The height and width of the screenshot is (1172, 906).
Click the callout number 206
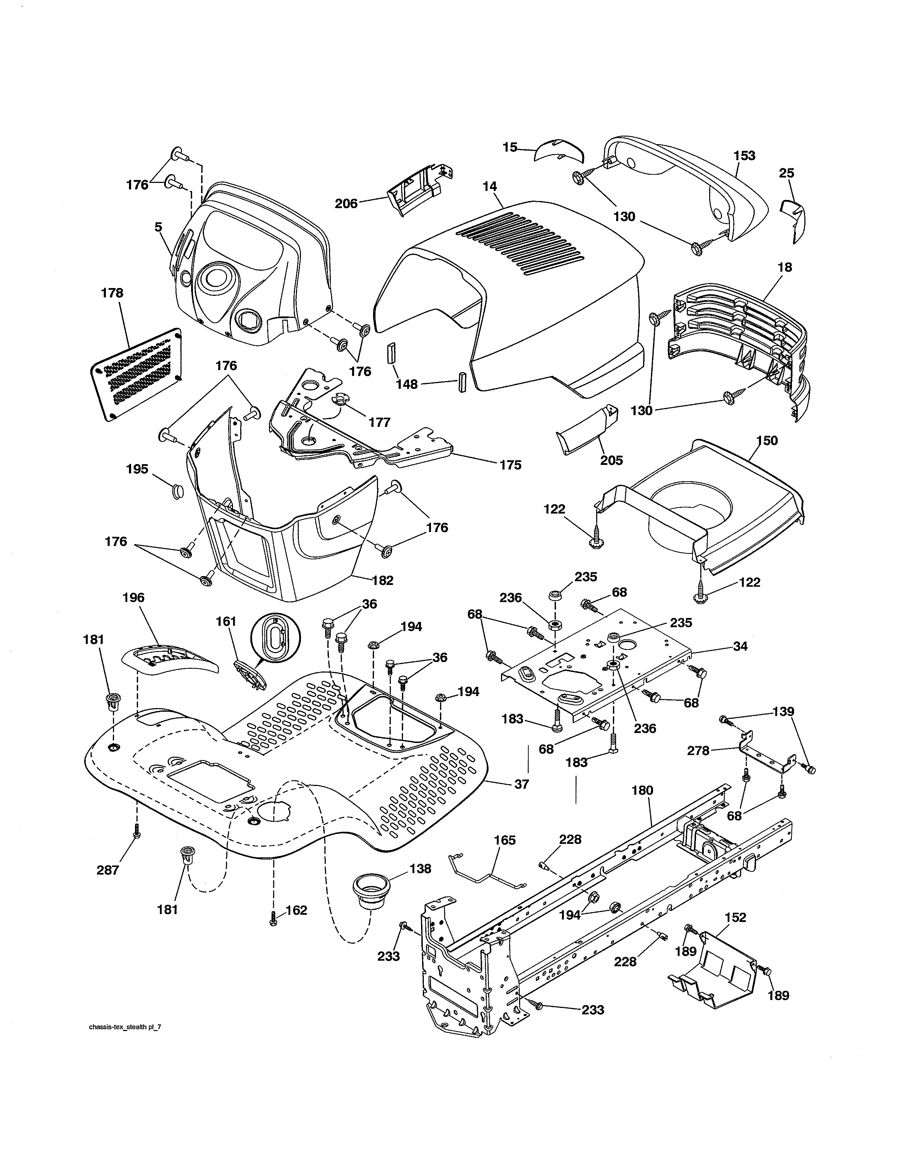(x=346, y=204)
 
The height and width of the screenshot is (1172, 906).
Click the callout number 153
(x=744, y=156)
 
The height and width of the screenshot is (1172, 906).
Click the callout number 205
(x=611, y=460)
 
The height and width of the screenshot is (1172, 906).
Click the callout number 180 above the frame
(x=642, y=791)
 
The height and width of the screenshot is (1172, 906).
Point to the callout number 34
(x=740, y=646)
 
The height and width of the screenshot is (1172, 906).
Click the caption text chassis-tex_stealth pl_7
(x=124, y=1027)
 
